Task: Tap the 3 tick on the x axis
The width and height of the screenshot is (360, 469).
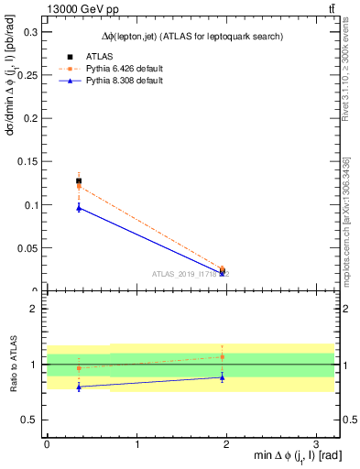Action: (315, 444)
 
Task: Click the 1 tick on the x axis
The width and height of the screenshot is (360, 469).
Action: (136, 444)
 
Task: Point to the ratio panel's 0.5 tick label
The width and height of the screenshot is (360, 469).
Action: (31, 420)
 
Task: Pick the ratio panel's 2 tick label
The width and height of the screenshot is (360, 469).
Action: (34, 310)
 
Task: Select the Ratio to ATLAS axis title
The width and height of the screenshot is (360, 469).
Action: (12, 364)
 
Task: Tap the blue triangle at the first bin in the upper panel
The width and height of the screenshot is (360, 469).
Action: (79, 208)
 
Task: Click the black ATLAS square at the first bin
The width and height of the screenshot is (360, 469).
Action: (79, 180)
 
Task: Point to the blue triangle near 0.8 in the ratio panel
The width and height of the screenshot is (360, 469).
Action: (79, 387)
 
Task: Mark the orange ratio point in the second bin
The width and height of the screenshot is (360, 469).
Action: (223, 356)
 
